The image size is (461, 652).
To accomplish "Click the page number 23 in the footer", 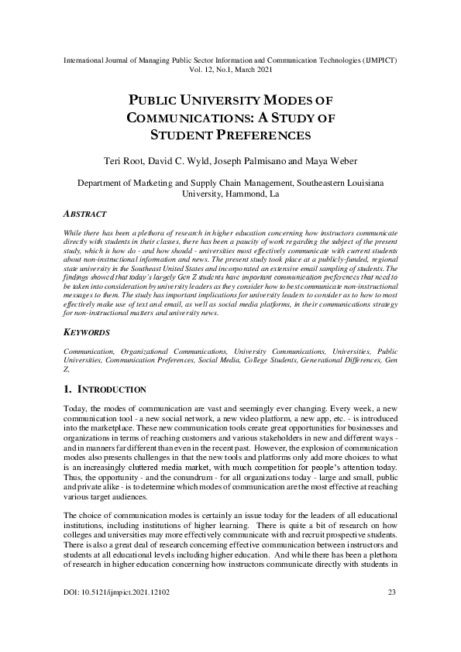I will (x=390, y=614).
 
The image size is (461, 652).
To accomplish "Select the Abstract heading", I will (x=85, y=214).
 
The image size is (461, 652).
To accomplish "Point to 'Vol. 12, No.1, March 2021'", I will (x=230, y=69).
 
